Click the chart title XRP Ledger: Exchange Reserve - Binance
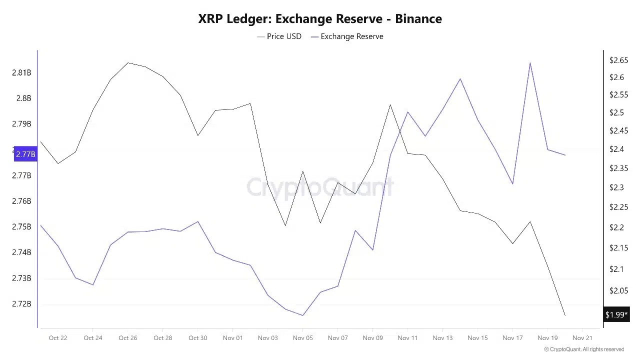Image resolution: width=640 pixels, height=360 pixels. pos(320,19)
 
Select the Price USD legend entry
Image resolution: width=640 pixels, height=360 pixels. pos(279,36)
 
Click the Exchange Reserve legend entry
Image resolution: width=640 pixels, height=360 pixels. pos(347,36)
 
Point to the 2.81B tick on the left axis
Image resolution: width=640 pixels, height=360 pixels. pos(21,73)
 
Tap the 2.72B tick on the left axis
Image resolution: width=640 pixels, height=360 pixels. pos(21,304)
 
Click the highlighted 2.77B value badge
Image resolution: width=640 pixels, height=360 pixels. pos(25,154)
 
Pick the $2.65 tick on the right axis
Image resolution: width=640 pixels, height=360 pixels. pos(618,60)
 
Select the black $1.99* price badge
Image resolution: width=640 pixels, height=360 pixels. pos(616,314)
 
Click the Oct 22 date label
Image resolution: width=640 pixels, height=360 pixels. pos(58,338)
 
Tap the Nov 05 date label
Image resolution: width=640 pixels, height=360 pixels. pos(302,338)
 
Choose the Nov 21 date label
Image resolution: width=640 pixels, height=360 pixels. pos(582,338)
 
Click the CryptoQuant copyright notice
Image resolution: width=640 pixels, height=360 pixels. pos(584,349)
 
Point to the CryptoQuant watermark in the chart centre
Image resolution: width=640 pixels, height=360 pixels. pos(320,187)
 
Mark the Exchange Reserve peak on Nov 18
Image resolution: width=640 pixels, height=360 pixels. pos(530,63)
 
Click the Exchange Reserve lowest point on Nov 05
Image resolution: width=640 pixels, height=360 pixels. pos(302,315)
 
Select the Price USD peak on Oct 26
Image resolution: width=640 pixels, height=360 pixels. pos(128,63)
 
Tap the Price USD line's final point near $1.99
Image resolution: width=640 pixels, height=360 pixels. pos(565,315)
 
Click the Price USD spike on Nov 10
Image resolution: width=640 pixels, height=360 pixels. pos(390,105)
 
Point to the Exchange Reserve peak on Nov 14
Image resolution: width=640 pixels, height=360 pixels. pos(460,79)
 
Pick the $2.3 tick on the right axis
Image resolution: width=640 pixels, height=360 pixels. pos(616,187)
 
